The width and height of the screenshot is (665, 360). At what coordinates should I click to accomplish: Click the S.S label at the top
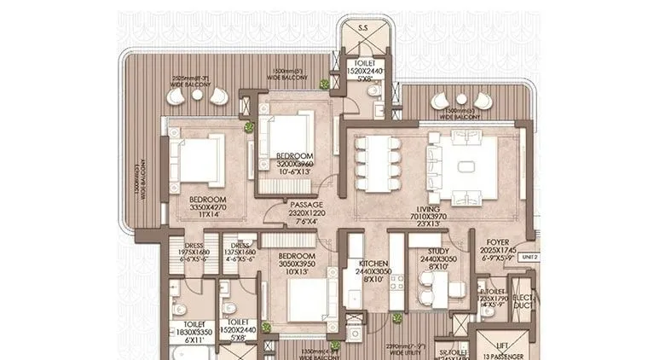pyautogui.click(x=363, y=28)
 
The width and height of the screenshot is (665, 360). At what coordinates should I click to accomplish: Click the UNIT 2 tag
pyautogui.click(x=529, y=256)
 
